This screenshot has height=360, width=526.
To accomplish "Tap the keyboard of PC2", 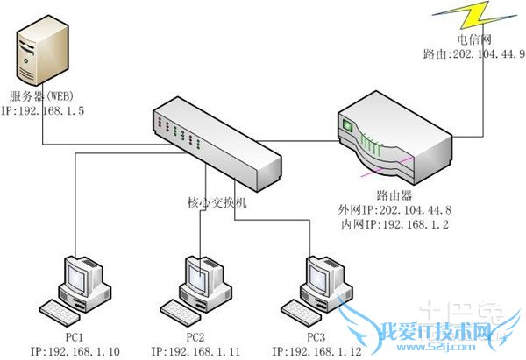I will coord(179,310).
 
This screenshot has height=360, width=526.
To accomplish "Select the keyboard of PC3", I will coord(301,308).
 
